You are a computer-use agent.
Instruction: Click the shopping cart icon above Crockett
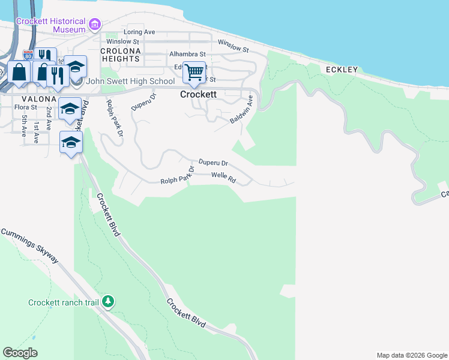[194, 73]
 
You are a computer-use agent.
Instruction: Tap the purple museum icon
[94, 25]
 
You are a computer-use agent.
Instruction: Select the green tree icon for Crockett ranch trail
[108, 301]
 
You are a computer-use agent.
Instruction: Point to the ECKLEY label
[342, 70]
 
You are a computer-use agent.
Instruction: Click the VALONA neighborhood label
[39, 99]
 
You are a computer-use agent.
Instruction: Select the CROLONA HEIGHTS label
[121, 55]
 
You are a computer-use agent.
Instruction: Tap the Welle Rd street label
[223, 177]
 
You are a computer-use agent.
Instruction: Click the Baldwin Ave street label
[243, 110]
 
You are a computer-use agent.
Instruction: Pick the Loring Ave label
[139, 32]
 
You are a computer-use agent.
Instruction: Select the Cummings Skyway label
[29, 244]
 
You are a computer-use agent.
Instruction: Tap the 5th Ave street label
[24, 125]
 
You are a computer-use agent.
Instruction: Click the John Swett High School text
[131, 81]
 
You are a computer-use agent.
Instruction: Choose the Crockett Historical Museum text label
[51, 25]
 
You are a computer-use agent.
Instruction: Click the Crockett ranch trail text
[62, 302]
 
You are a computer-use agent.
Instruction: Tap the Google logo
[20, 353]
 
